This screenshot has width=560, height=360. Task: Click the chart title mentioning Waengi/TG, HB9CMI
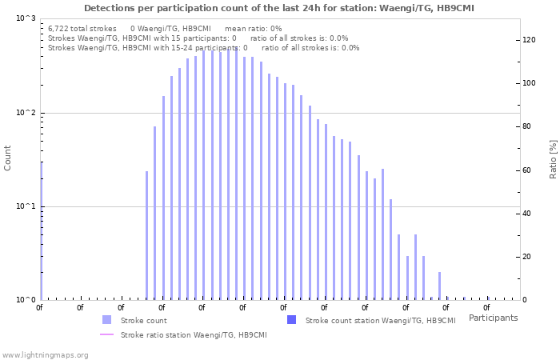(278, 8)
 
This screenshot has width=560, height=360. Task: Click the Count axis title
(8, 158)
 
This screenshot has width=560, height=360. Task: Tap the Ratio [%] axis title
(553, 158)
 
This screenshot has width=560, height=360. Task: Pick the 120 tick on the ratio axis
(530, 40)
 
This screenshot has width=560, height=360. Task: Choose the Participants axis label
(493, 318)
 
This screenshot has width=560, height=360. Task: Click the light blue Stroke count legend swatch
(106, 320)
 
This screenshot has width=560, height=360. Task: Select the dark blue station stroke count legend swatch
(291, 320)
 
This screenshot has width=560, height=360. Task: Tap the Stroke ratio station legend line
(106, 335)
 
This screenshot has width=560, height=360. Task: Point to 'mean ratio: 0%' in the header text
(254, 28)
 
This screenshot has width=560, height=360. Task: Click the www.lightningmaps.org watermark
(45, 354)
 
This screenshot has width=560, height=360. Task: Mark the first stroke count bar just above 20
(146, 235)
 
